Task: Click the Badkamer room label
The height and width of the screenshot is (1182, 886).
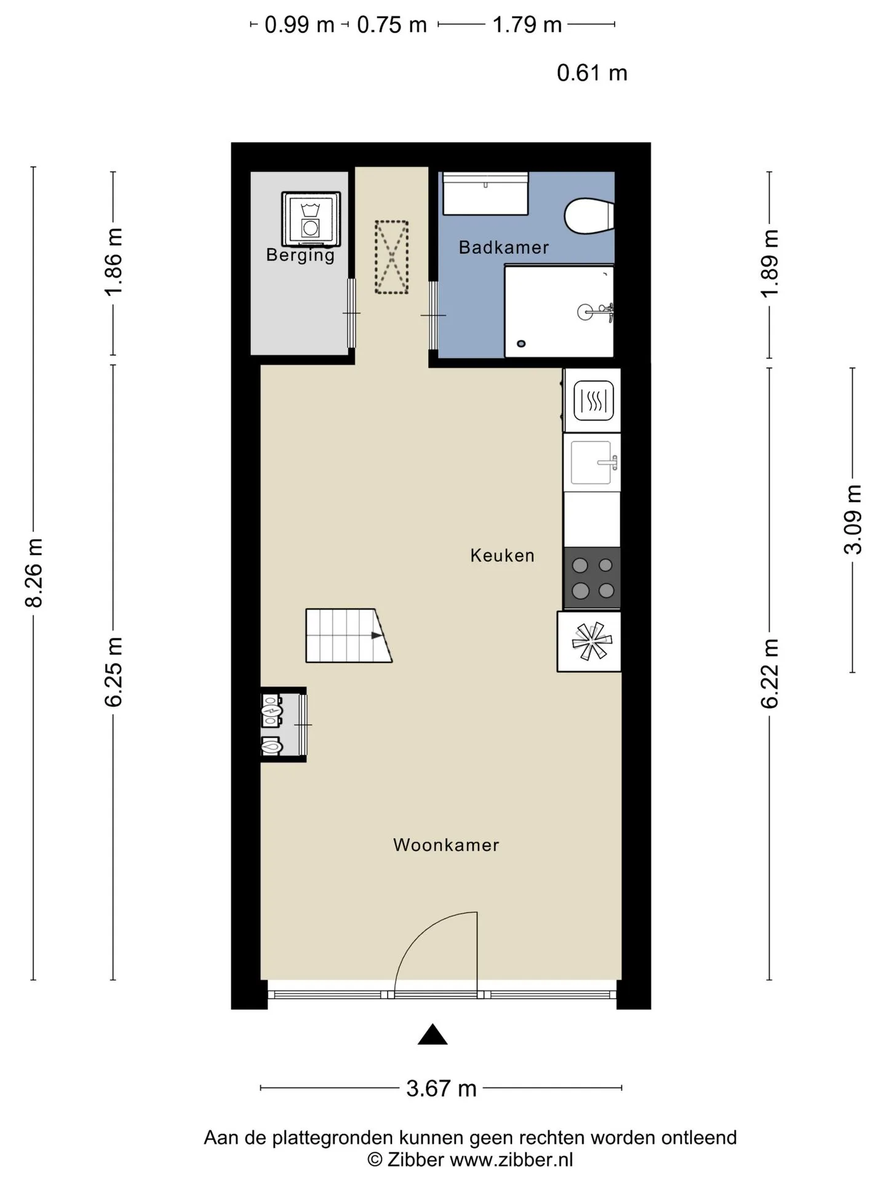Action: click(504, 247)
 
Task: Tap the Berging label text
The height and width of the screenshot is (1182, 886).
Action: click(300, 255)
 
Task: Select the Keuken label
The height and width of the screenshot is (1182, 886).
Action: click(502, 555)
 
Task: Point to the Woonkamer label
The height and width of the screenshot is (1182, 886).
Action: click(446, 845)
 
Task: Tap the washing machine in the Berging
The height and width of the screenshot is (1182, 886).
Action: click(311, 218)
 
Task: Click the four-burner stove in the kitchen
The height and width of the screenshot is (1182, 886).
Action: click(592, 578)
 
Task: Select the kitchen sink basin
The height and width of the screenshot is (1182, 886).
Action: click(591, 462)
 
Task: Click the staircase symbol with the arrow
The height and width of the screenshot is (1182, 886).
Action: click(349, 636)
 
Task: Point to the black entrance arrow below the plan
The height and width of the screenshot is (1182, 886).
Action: click(433, 1035)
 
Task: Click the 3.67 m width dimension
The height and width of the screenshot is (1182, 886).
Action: click(441, 1088)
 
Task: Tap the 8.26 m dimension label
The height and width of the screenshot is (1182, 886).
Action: click(34, 573)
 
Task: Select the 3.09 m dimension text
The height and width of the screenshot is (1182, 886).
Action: click(853, 520)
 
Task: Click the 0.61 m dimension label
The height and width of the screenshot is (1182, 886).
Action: click(592, 73)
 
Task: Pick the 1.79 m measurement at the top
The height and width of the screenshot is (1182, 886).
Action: click(527, 25)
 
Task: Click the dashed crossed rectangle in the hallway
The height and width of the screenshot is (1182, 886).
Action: click(392, 257)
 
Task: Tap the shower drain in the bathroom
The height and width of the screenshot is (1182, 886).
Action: click(522, 344)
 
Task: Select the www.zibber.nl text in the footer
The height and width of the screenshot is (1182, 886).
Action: click(511, 1160)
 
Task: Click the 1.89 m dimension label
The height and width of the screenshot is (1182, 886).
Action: click(770, 263)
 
